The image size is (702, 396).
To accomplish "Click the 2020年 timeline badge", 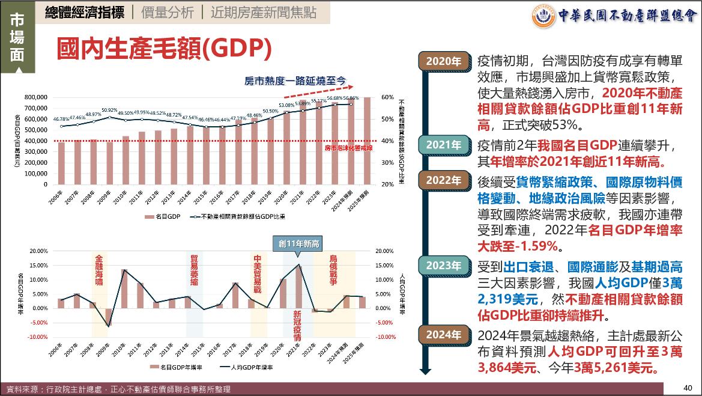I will coord(444,61).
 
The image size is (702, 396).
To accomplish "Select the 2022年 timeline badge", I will coord(444,180).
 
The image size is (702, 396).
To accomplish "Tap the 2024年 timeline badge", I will coord(444,335).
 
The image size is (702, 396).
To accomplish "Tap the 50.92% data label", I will coord(109,111).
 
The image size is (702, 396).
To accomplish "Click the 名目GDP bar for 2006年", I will coord(61,163).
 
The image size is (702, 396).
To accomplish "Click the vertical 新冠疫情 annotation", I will coord(297,326).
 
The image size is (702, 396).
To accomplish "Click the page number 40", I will coord(688,388).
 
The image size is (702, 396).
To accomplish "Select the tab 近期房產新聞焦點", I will coord(264,13).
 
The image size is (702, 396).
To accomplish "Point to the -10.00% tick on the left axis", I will coord(38,337).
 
